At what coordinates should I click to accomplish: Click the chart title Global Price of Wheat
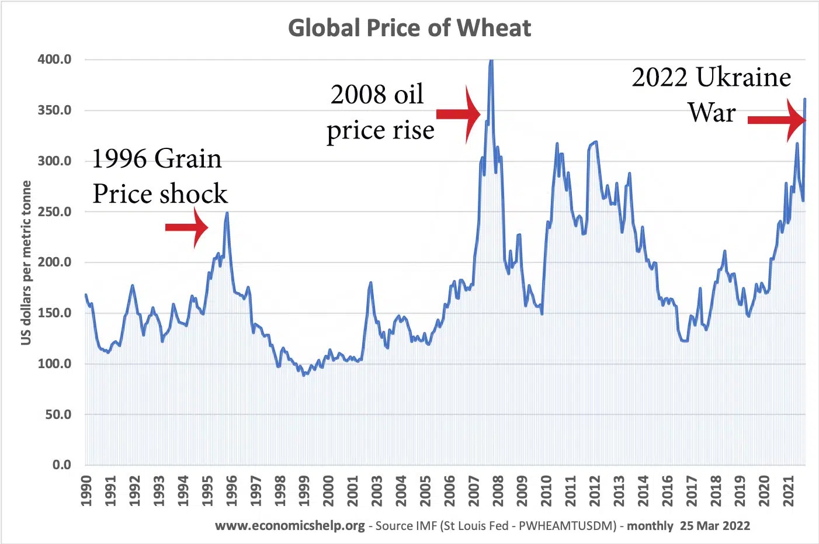coord(409,28)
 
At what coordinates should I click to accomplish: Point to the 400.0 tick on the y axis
coord(54,60)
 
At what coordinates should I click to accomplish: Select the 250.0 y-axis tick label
coord(54,212)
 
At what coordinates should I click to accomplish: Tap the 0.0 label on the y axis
coord(61,465)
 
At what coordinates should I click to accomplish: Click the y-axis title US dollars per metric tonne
coord(26,262)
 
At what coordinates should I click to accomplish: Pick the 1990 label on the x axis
coord(86,491)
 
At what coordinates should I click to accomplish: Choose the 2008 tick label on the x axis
coord(498,491)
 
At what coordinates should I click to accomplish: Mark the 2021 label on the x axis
coord(788,491)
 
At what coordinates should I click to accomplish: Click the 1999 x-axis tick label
coord(304,491)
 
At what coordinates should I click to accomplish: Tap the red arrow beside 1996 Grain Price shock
coord(186,227)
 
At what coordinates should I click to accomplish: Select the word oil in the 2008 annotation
coord(408,95)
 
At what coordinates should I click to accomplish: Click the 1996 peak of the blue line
coord(227,213)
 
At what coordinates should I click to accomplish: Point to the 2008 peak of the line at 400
coord(491,60)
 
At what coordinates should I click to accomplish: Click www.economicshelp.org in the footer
coord(290,526)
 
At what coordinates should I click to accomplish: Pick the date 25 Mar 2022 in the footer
coord(714,526)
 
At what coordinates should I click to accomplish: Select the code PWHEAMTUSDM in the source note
coord(567,526)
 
